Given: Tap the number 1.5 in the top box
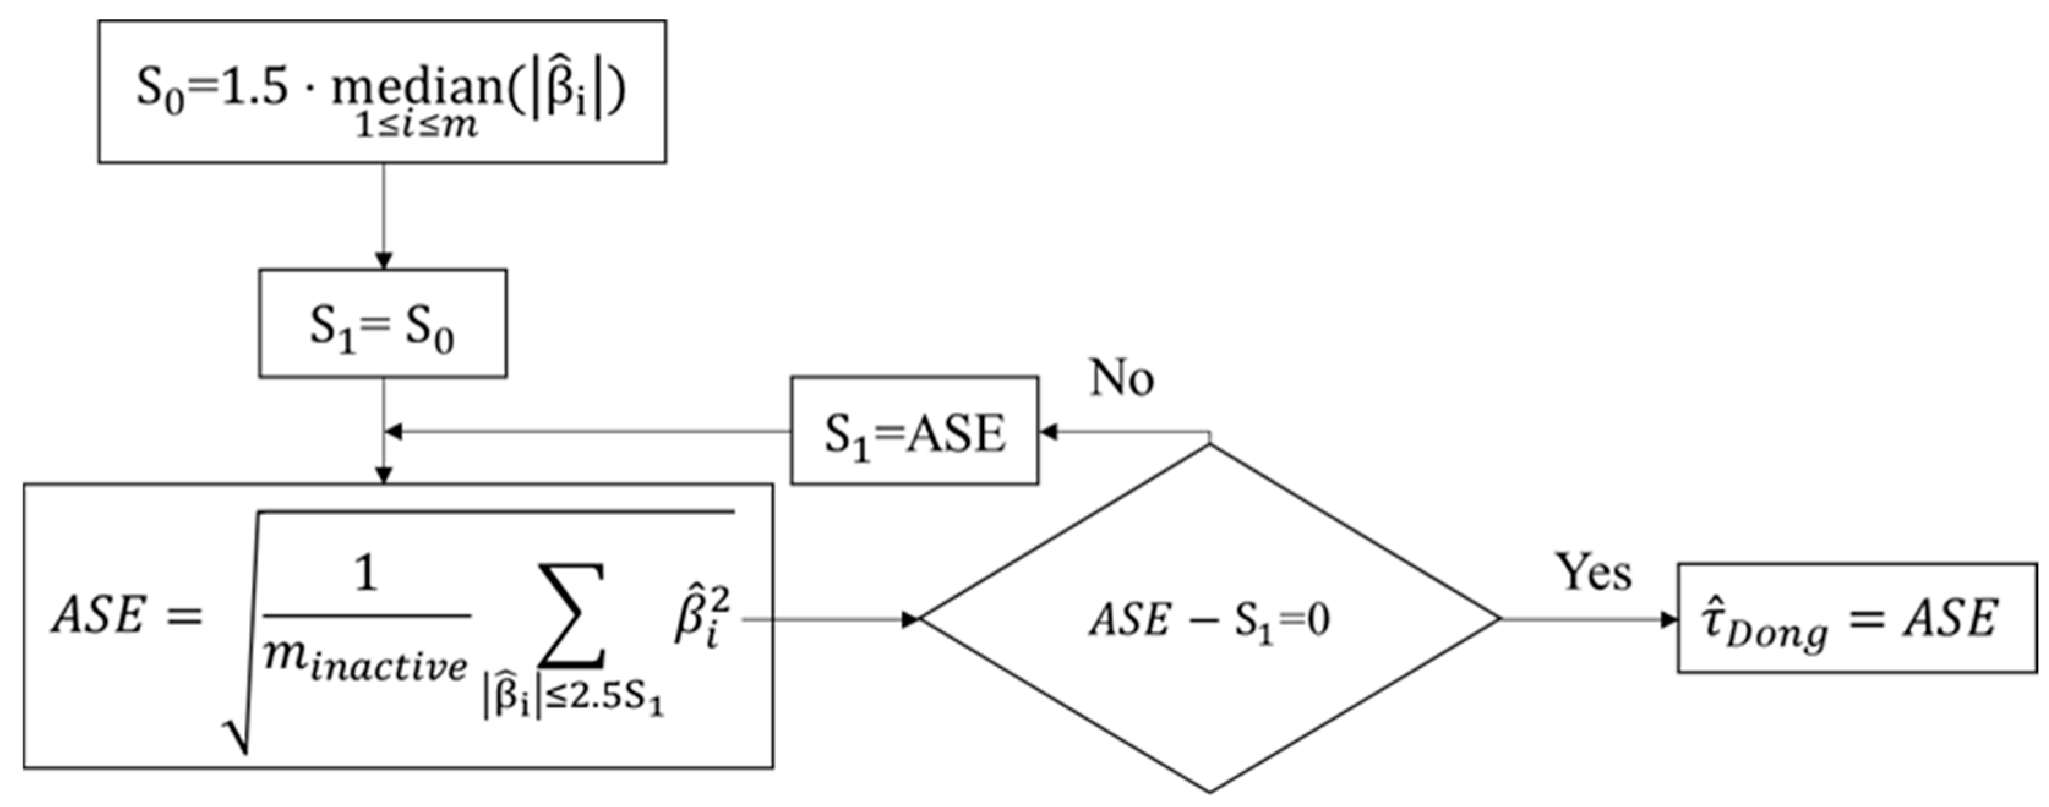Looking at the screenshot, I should [253, 86].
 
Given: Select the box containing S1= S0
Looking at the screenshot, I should [383, 324].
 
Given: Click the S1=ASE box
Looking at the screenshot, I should [914, 431].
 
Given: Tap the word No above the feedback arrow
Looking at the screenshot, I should [1121, 377].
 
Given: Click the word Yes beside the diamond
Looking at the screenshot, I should [1594, 573].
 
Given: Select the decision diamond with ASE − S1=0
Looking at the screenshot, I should [1209, 619].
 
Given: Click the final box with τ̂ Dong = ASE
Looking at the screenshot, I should [1857, 618].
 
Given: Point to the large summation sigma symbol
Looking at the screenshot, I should [571, 616].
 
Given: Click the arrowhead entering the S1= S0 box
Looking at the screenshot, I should [383, 261].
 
